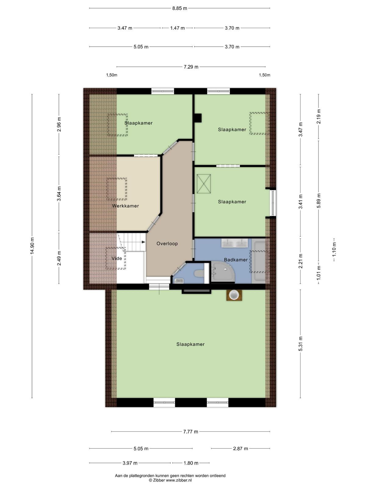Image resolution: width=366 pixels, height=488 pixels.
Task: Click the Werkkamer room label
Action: point(125,206)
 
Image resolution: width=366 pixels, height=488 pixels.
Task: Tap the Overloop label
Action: point(167,243)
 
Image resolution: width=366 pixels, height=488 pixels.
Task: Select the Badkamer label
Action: point(235,260)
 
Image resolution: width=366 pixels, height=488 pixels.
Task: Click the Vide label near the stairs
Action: point(117,258)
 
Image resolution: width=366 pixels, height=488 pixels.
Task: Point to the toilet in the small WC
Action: point(199,273)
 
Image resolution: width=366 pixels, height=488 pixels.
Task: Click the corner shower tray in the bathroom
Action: point(222,272)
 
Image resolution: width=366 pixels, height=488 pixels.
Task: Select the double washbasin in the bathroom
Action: point(235,243)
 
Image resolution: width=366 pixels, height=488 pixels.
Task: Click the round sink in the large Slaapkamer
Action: point(234,295)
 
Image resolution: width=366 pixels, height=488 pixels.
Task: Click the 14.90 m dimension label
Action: point(32,246)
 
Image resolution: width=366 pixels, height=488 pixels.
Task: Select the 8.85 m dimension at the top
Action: point(180,9)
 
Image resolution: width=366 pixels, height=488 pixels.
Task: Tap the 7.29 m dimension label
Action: point(191,67)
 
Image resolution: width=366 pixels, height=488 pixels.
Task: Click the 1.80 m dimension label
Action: point(191,463)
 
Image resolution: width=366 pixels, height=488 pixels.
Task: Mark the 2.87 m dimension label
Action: point(240,449)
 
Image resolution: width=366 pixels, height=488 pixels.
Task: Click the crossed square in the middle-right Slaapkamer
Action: point(204,184)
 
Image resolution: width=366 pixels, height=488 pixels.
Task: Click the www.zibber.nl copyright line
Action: point(170,480)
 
